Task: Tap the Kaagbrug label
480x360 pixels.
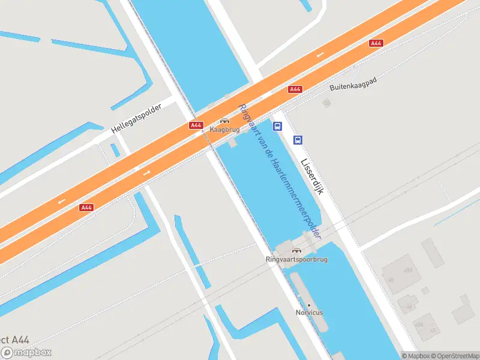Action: pyautogui.click(x=224, y=130)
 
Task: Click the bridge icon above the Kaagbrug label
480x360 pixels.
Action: pyautogui.click(x=224, y=121)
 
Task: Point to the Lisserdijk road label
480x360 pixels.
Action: pyautogui.click(x=312, y=176)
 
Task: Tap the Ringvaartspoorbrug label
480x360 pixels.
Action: pyautogui.click(x=296, y=259)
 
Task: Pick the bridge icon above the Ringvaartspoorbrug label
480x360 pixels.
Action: pyautogui.click(x=296, y=250)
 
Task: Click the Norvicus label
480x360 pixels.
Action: pyautogui.click(x=309, y=313)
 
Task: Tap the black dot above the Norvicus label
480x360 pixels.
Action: pyautogui.click(x=309, y=305)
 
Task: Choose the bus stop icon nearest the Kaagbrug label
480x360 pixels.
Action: pyautogui.click(x=277, y=126)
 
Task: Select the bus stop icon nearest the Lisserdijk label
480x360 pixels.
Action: pyautogui.click(x=298, y=140)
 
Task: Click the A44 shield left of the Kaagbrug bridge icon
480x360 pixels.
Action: pyautogui.click(x=196, y=125)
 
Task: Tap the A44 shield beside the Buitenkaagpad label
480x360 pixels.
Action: pyautogui.click(x=295, y=89)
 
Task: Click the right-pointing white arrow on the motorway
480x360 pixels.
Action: pyautogui.click(x=147, y=173)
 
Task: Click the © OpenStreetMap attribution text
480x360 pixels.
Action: pyautogui.click(x=454, y=356)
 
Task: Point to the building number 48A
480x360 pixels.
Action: pyautogui.click(x=409, y=271)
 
